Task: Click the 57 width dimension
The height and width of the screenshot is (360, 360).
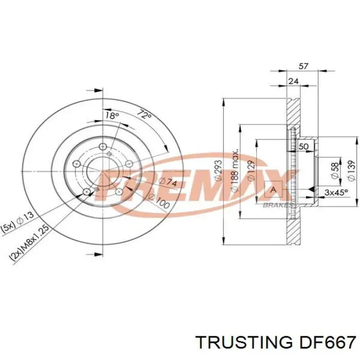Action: click(303, 66)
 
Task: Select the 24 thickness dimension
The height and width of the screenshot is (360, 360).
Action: click(294, 80)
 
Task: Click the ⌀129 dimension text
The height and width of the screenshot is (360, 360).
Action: click(250, 170)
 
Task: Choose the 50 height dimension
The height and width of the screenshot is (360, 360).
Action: click(303, 147)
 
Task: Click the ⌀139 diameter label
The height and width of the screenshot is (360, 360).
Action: click(351, 170)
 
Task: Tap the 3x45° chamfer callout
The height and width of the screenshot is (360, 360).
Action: click(336, 192)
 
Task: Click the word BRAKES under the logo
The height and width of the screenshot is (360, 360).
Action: click(277, 205)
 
